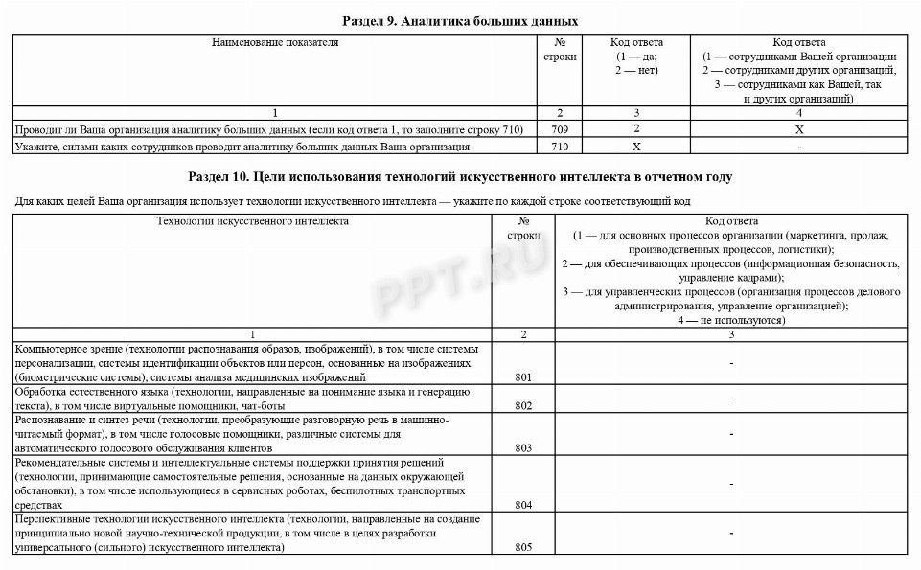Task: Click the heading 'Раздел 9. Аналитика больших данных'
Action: (x=460, y=20)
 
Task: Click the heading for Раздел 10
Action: (x=460, y=177)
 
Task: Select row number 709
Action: (x=559, y=129)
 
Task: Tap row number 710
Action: (x=559, y=148)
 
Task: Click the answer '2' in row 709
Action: (x=636, y=129)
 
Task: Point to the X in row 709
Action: (x=798, y=129)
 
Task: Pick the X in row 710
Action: (x=636, y=148)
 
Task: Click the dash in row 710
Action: (x=798, y=148)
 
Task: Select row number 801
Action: (x=523, y=377)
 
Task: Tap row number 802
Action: (x=523, y=406)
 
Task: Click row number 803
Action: (x=523, y=447)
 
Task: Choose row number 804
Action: (x=523, y=504)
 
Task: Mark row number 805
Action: (x=523, y=547)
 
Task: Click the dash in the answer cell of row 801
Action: (x=731, y=363)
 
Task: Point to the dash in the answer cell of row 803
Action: (x=731, y=434)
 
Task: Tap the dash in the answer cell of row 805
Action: (x=731, y=533)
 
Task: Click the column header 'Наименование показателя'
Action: (x=275, y=43)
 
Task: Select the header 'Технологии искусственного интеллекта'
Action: (x=253, y=221)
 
